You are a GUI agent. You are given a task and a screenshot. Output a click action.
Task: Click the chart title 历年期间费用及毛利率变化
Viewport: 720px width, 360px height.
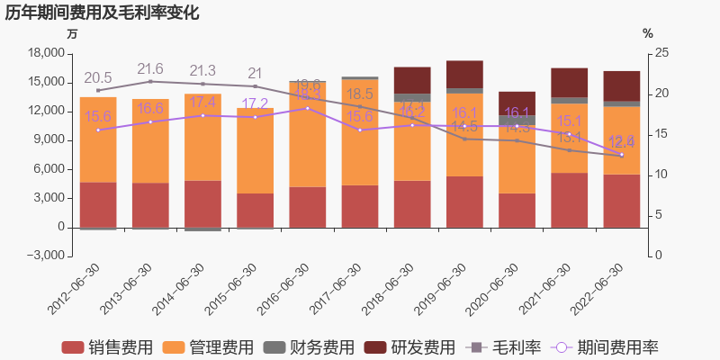click(x=102, y=13)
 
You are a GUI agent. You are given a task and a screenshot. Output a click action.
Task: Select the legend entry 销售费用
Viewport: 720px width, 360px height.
click(x=109, y=347)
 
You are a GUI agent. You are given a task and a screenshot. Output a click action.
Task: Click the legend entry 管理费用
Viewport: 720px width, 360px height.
click(x=210, y=347)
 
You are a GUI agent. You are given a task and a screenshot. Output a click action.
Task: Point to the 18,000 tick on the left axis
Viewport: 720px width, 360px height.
click(x=46, y=53)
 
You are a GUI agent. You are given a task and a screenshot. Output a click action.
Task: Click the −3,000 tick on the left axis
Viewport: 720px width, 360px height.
click(x=46, y=256)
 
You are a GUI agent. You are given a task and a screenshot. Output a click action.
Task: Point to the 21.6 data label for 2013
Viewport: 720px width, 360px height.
click(x=150, y=69)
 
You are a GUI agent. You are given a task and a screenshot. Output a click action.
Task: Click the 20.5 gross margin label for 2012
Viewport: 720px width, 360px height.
click(x=98, y=78)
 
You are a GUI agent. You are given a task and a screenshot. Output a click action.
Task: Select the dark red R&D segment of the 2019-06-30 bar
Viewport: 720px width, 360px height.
click(x=464, y=74)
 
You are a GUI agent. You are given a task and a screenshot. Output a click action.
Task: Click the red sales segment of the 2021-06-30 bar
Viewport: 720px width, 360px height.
click(x=569, y=200)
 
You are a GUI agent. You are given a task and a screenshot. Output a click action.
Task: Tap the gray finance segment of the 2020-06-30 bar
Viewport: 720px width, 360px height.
click(x=517, y=120)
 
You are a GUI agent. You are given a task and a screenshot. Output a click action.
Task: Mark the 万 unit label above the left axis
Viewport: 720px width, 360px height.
click(x=73, y=33)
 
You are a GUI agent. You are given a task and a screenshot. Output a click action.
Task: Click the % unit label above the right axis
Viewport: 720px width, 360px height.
click(x=647, y=33)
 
